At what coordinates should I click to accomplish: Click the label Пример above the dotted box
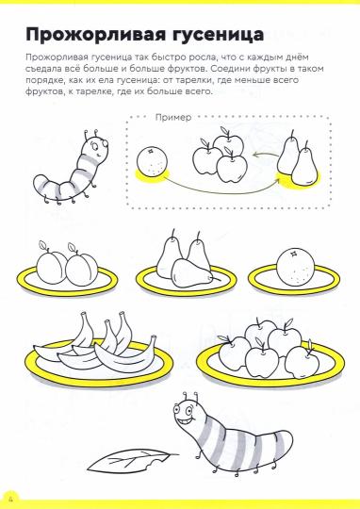coord(173,117)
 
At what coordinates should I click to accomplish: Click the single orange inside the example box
coord(152,161)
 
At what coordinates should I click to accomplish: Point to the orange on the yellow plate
coord(295,267)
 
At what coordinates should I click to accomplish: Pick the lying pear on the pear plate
coord(192,273)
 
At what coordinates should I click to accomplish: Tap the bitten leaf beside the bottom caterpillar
coord(132,461)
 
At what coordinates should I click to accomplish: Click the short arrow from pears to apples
coord(266,155)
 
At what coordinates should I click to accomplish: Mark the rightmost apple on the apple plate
coord(302,362)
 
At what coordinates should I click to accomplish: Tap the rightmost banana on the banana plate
coord(126,355)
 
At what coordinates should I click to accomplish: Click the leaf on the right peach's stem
coord(74,247)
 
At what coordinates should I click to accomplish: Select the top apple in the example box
coord(228,141)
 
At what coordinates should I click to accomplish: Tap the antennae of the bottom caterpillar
coord(190,398)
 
